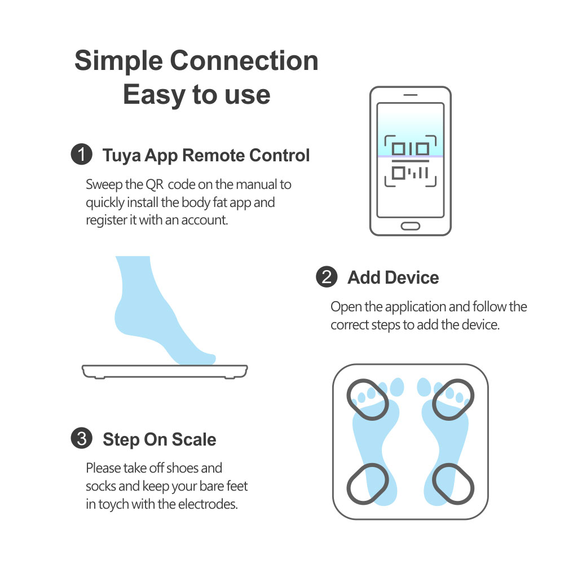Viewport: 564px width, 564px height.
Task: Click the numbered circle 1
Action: [82, 155]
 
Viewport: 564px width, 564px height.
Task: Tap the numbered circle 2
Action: [327, 277]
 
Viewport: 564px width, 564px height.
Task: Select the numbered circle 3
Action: [82, 438]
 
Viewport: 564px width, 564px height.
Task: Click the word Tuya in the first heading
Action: [122, 156]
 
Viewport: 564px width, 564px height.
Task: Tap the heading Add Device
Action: [393, 277]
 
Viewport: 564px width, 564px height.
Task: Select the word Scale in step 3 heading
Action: [194, 439]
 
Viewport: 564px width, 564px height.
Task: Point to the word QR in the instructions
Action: [155, 184]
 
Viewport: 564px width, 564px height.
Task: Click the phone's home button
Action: [411, 226]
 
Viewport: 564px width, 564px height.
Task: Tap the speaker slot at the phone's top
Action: [411, 95]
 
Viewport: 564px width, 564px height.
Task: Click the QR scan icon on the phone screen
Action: [411, 161]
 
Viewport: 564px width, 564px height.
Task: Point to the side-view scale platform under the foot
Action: [165, 372]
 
